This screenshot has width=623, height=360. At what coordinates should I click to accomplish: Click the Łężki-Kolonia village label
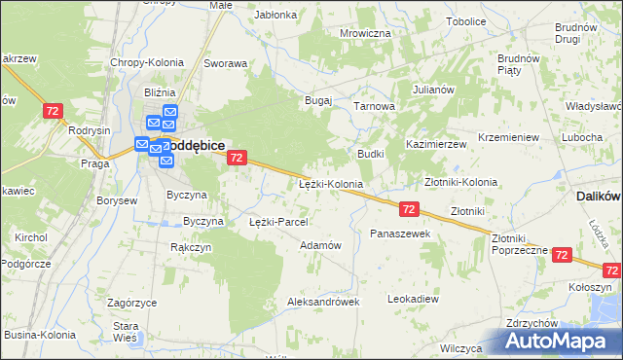(x=331, y=184)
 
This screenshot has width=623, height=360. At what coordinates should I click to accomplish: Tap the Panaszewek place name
(x=400, y=234)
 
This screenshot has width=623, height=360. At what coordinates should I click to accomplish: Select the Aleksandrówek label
(x=323, y=302)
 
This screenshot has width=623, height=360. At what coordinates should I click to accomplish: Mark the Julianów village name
(x=434, y=90)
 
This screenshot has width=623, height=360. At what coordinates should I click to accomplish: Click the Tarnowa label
(x=374, y=106)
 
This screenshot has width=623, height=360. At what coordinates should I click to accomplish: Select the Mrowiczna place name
(x=365, y=33)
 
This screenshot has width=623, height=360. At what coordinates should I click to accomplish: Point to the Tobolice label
(x=466, y=21)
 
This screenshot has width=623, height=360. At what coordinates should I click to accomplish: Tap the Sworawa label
(x=225, y=63)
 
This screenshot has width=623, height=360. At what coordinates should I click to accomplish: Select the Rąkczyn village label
(x=191, y=247)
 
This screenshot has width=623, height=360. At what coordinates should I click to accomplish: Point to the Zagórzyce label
(x=132, y=303)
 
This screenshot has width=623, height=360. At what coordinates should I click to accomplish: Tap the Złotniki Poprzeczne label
(x=519, y=243)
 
